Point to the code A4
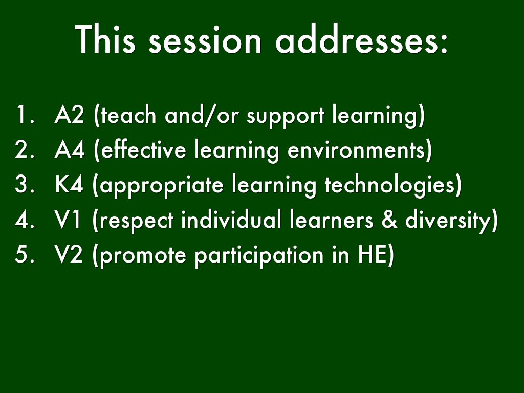click(x=69, y=151)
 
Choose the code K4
click(x=69, y=186)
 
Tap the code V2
click(x=69, y=255)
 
